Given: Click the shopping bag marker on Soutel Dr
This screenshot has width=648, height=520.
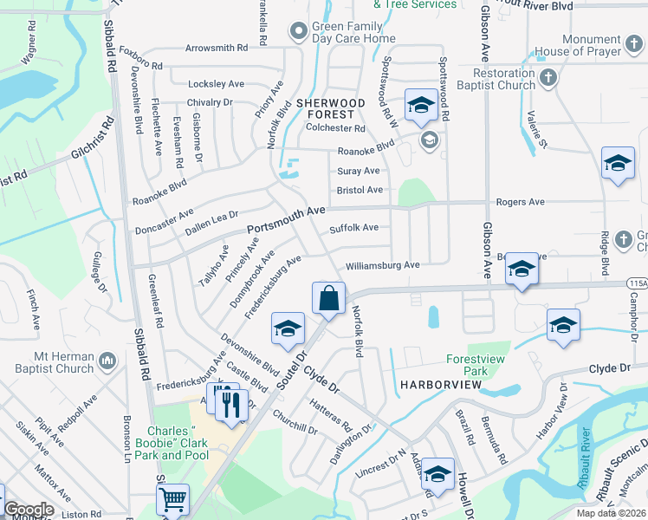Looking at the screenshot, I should pyautogui.click(x=329, y=299).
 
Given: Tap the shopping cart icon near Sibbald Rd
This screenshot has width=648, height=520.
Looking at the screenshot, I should pyautogui.click(x=172, y=499).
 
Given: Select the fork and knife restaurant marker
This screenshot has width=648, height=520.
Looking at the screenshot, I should pyautogui.click(x=230, y=404).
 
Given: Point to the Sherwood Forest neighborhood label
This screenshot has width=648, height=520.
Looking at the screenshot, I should pyautogui.click(x=326, y=108).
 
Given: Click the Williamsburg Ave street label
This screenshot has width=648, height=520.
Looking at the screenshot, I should pyautogui.click(x=382, y=265).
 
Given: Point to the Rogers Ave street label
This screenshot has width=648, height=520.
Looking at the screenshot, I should pyautogui.click(x=520, y=202).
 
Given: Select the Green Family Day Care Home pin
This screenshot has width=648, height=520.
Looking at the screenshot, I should pyautogui.click(x=300, y=32).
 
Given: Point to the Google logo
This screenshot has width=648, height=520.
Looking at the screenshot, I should pyautogui.click(x=29, y=510).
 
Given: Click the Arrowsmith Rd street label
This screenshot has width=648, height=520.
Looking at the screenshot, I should pyautogui.click(x=216, y=49).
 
